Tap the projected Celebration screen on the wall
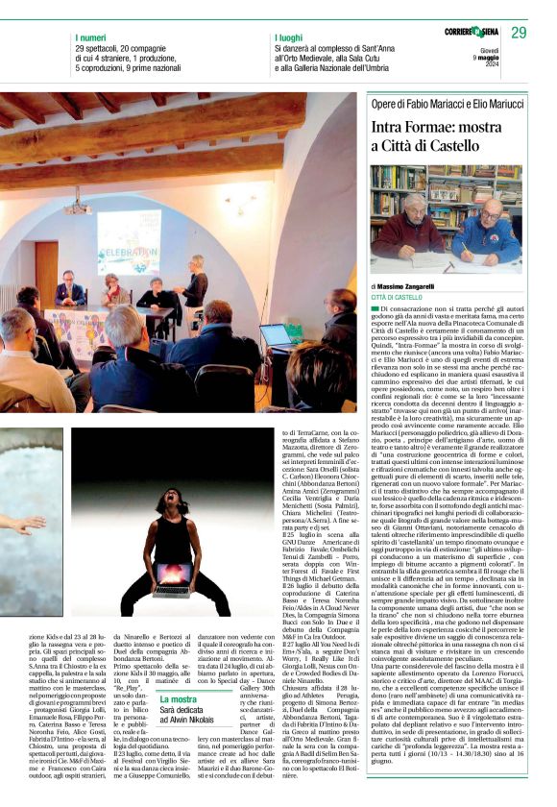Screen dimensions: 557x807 coord(128,242)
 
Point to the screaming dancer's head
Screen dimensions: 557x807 coord(175,502)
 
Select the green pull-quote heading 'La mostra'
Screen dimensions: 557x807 coord(179,699)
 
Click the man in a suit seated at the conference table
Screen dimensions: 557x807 coord(69,291)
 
